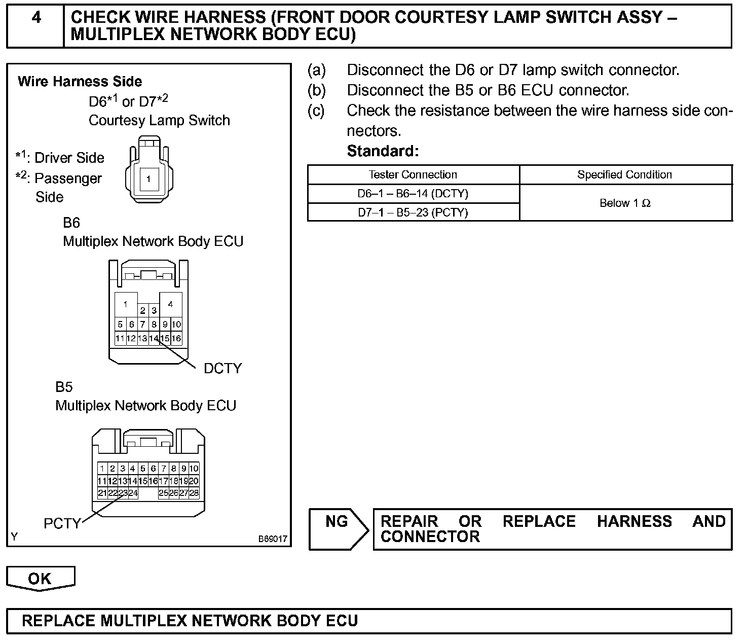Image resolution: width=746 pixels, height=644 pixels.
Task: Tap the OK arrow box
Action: click(x=41, y=579)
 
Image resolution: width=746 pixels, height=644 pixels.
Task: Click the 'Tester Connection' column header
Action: click(x=413, y=175)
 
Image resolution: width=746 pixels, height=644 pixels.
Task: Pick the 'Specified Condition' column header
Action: click(x=624, y=175)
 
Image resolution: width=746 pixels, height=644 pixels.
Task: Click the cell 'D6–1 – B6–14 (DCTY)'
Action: click(x=413, y=194)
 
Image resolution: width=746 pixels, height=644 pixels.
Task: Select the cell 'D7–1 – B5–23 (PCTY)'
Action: click(x=413, y=212)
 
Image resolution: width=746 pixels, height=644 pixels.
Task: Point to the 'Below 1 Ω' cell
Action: click(x=625, y=203)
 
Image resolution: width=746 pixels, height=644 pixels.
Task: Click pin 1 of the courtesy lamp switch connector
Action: click(x=148, y=179)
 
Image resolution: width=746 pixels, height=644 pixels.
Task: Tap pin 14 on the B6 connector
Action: click(x=154, y=339)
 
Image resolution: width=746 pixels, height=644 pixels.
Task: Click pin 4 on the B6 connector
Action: click(x=171, y=304)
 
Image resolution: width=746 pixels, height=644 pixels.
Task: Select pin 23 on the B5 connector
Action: click(x=123, y=493)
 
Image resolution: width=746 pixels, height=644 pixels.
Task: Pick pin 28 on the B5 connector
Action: click(x=194, y=493)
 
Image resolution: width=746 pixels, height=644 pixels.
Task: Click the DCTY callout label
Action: click(x=222, y=368)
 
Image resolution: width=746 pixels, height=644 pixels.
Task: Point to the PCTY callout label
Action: click(x=62, y=523)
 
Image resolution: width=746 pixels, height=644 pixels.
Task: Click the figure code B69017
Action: click(x=273, y=539)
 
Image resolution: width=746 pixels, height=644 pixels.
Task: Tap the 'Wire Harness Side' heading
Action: click(x=80, y=82)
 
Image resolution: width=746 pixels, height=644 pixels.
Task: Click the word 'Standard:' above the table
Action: click(x=383, y=151)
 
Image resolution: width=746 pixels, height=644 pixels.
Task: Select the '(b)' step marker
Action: click(x=317, y=91)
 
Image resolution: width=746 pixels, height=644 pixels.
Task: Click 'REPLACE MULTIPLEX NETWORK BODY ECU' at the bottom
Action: click(x=190, y=621)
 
